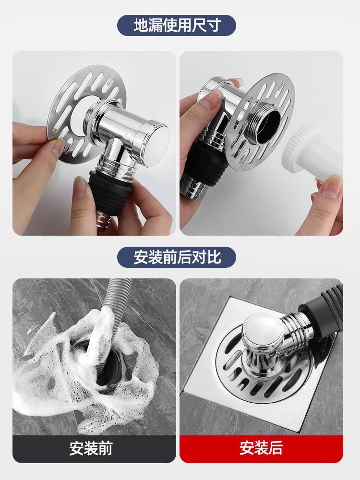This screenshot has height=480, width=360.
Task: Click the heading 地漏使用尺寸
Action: (x=177, y=25)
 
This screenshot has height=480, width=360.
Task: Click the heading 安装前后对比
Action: (x=177, y=257)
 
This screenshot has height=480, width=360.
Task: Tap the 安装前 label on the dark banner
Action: (x=91, y=448)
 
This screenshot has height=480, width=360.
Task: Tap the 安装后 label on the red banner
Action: (x=261, y=448)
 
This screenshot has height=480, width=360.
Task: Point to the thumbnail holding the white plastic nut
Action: (x=331, y=192)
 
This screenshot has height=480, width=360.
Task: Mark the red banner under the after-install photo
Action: (x=261, y=449)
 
